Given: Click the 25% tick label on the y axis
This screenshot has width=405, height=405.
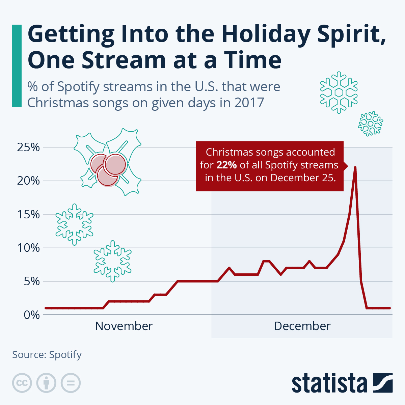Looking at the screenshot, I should [x=28, y=147].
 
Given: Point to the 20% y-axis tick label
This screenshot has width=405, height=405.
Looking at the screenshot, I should [x=28, y=181].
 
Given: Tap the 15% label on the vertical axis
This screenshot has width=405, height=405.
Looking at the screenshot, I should [x=28, y=214].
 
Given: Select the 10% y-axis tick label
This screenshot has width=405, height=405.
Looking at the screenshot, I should [x=28, y=248].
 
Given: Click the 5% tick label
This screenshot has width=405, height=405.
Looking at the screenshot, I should [x=32, y=281].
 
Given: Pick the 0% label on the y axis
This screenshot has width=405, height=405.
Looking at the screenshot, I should [x=32, y=315].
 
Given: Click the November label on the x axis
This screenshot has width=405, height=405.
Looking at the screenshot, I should [x=124, y=326].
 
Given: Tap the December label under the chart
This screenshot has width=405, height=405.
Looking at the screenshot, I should [x=302, y=326].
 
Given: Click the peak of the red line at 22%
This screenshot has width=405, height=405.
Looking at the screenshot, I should [x=355, y=167].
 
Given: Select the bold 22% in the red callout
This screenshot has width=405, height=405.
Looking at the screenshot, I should [x=226, y=165].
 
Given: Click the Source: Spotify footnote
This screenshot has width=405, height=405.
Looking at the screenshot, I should [x=47, y=355].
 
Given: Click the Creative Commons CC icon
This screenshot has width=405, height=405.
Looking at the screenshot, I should [x=22, y=383].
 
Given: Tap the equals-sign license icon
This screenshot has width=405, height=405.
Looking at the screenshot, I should [x=71, y=383].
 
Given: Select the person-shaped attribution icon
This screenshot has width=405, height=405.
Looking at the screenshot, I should [x=46, y=383].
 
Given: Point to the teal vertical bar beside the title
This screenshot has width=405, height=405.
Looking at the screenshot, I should [x=17, y=66].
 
